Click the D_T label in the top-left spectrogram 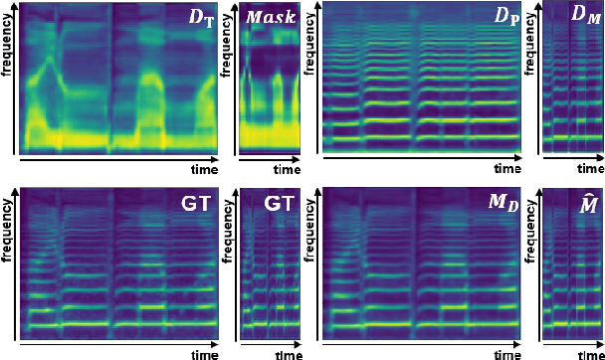point(203,19)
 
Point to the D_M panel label point(580,18)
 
